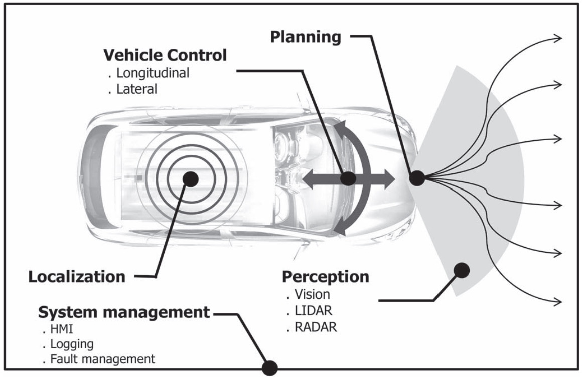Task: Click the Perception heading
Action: (326, 276)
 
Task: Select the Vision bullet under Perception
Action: (314, 294)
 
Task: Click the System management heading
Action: (124, 313)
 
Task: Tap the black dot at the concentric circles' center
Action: (190, 178)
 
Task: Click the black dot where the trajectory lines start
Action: (417, 177)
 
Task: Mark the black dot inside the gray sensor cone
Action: (461, 270)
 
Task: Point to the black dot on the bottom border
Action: (270, 368)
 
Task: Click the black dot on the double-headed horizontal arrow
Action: (348, 178)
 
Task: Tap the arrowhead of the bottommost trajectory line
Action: (557, 300)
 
